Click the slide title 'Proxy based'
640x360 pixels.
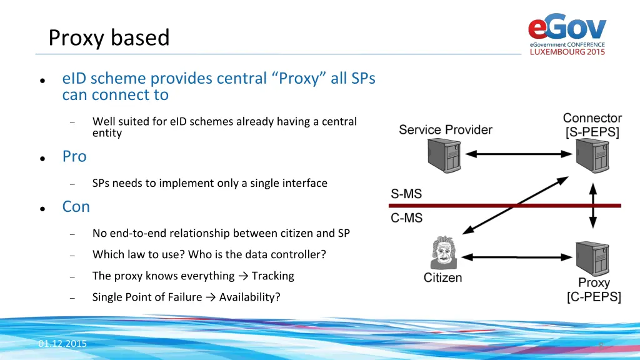109,38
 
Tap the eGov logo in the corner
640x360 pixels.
567,28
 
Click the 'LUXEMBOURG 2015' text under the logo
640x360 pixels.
567,52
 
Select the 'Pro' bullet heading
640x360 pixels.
74,156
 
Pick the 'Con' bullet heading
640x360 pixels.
76,206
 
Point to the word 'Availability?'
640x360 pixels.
249,297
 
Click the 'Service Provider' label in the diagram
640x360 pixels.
445,130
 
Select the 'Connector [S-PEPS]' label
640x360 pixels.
592,125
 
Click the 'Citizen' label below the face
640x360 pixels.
442,277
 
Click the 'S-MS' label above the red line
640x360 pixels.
406,194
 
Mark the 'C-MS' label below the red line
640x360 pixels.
406,218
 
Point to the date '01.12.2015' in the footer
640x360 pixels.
62,344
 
